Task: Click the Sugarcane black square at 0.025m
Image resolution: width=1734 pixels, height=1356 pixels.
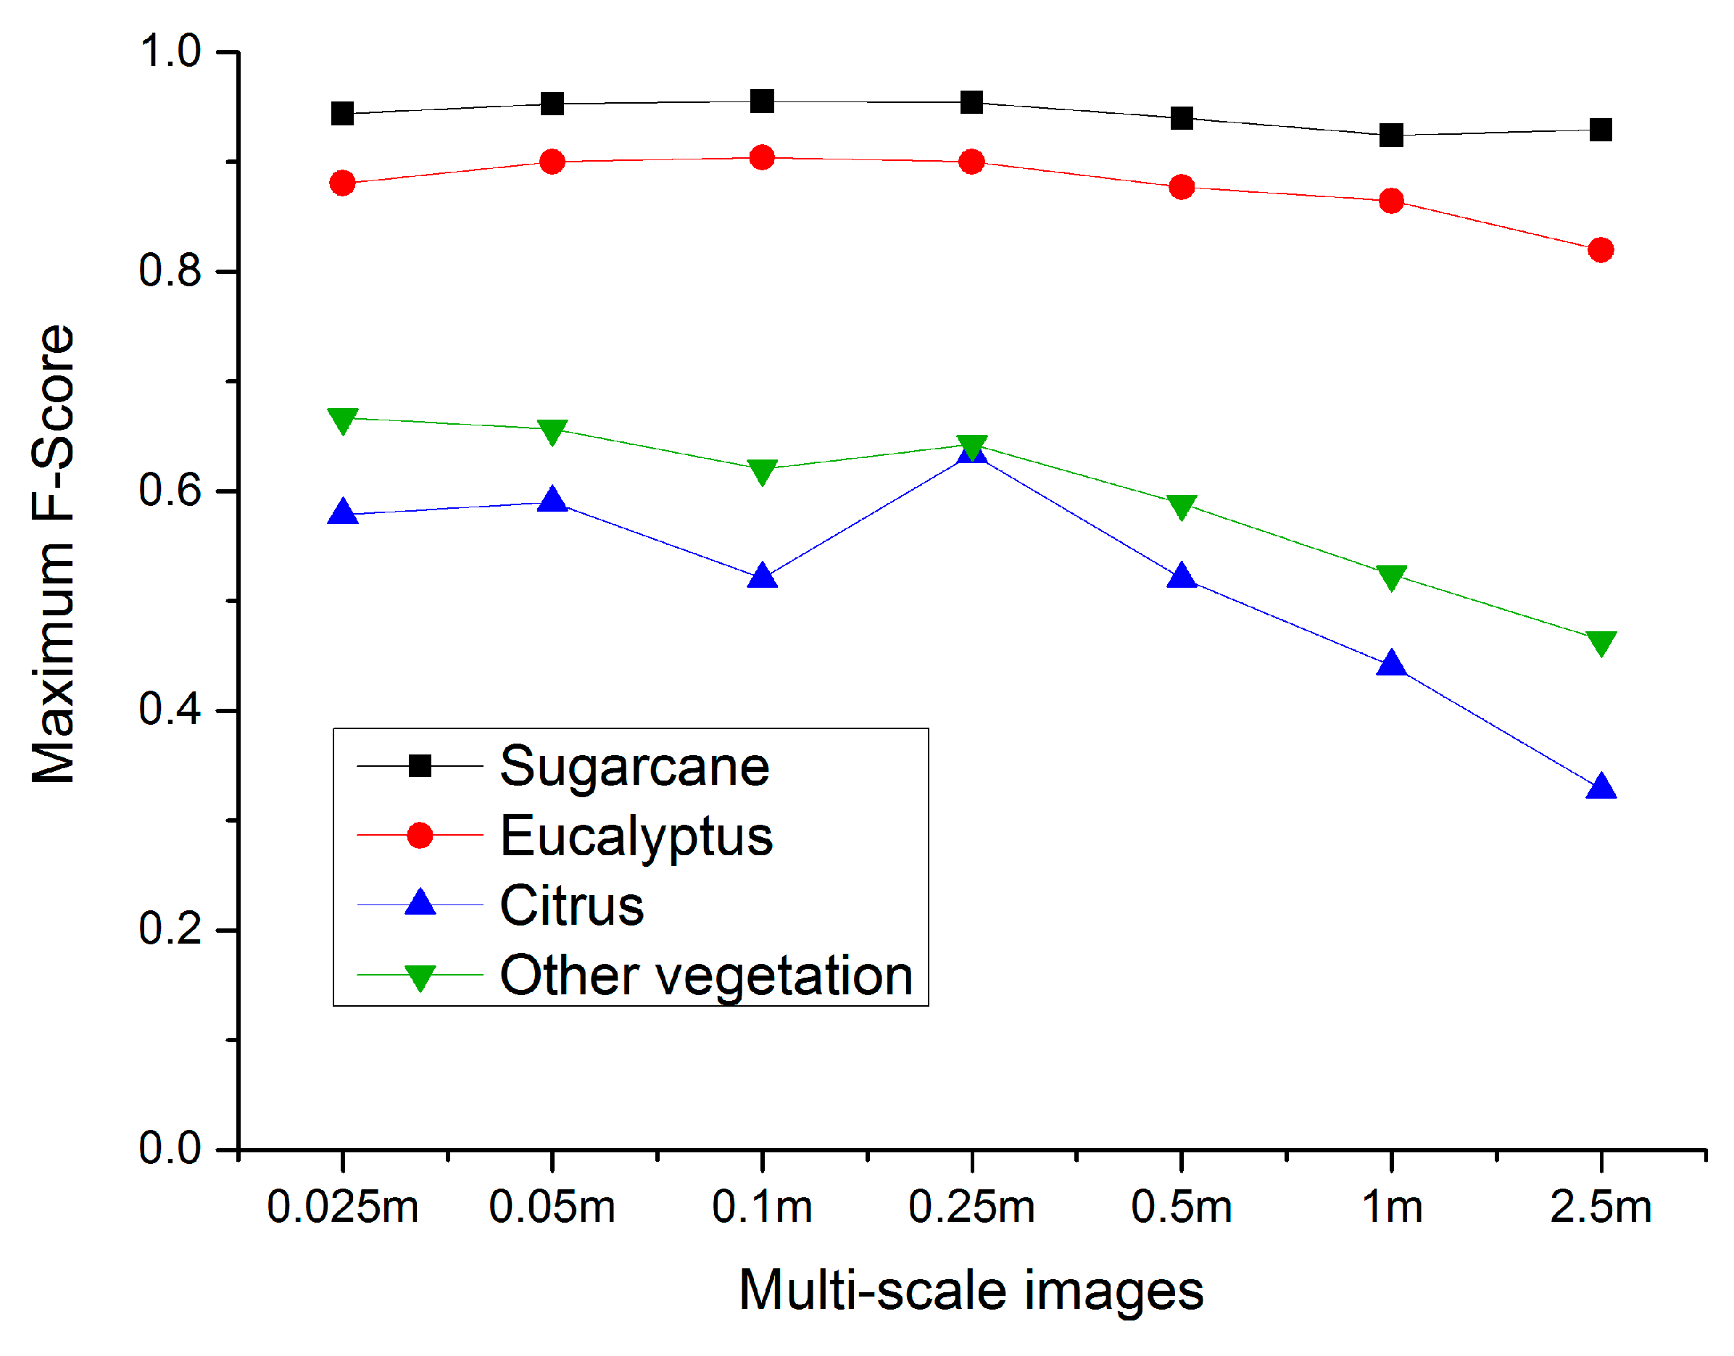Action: pyautogui.click(x=342, y=114)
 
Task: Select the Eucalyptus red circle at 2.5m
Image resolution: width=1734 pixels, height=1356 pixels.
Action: pyautogui.click(x=1601, y=250)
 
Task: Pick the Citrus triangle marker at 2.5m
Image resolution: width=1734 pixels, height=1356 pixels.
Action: pyautogui.click(x=1601, y=788)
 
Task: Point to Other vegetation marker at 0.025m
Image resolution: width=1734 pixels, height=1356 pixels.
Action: pyautogui.click(x=342, y=420)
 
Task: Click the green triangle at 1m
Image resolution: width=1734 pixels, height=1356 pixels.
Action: pyautogui.click(x=1391, y=577)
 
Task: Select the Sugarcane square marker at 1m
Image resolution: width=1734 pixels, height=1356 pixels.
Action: pyautogui.click(x=1391, y=135)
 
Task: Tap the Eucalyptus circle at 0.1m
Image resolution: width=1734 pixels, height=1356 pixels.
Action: pyautogui.click(x=762, y=157)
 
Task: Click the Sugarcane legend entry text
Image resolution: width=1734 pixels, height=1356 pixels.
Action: pyautogui.click(x=634, y=767)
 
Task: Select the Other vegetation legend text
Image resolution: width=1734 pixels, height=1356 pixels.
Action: pyautogui.click(x=706, y=975)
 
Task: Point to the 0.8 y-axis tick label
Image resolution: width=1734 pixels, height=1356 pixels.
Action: pyautogui.click(x=169, y=271)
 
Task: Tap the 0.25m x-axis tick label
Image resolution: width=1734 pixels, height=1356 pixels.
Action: pyautogui.click(x=972, y=1207)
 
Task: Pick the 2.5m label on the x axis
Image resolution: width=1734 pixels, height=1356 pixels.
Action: pyautogui.click(x=1601, y=1207)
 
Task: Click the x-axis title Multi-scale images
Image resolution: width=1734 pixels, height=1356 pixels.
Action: pyautogui.click(x=971, y=1291)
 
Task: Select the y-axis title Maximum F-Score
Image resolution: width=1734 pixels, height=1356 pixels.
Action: pyautogui.click(x=53, y=554)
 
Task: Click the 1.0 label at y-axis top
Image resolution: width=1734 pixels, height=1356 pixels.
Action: pyautogui.click(x=169, y=51)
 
